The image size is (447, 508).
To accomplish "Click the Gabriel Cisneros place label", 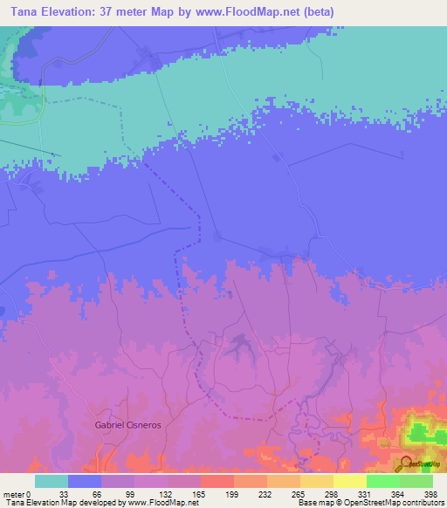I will point(128,424).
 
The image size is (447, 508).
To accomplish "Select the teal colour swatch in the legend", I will point(52,481).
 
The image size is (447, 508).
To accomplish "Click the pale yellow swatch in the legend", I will point(349,481).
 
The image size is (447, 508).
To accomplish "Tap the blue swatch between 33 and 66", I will point(85,481).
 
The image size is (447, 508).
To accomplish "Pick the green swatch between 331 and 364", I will point(382,481).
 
